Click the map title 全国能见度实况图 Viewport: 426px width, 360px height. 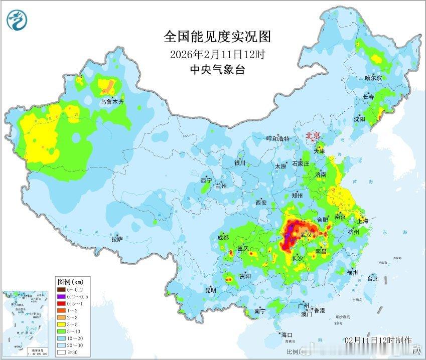click(x=217, y=37)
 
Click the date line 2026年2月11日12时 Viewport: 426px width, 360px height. click(x=217, y=54)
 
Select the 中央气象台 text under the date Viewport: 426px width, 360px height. click(x=217, y=70)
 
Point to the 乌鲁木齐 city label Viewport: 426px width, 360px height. click(x=111, y=102)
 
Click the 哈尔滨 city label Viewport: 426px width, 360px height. click(x=373, y=78)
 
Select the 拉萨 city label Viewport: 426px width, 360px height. click(x=117, y=240)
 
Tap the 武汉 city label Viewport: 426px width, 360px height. click(x=306, y=235)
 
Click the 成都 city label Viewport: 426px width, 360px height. click(x=223, y=237)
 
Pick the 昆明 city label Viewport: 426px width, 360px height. click(x=210, y=290)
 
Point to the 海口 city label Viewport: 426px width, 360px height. click(x=287, y=334)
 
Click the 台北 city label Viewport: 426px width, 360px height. click(x=372, y=278)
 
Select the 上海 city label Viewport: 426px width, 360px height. click(x=362, y=221)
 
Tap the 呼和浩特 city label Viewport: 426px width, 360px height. click(x=277, y=138)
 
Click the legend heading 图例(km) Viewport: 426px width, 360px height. click(x=70, y=281)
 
